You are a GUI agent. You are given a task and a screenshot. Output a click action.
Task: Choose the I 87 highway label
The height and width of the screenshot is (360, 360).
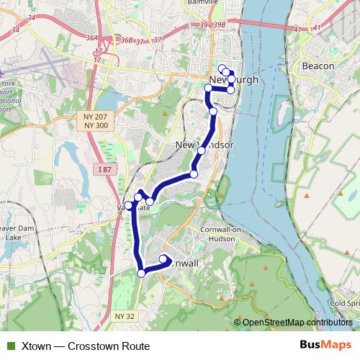104,169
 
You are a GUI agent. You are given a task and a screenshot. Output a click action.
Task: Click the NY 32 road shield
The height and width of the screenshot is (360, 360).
125,316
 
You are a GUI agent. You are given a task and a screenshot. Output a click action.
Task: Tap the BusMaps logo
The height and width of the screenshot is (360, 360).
325,346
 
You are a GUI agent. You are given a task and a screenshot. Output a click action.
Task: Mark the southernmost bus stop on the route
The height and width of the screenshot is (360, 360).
142,272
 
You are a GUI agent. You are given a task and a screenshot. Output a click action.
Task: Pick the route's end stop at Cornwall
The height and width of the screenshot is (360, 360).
163,258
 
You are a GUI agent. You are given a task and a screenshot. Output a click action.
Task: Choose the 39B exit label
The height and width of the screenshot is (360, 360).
220,25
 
